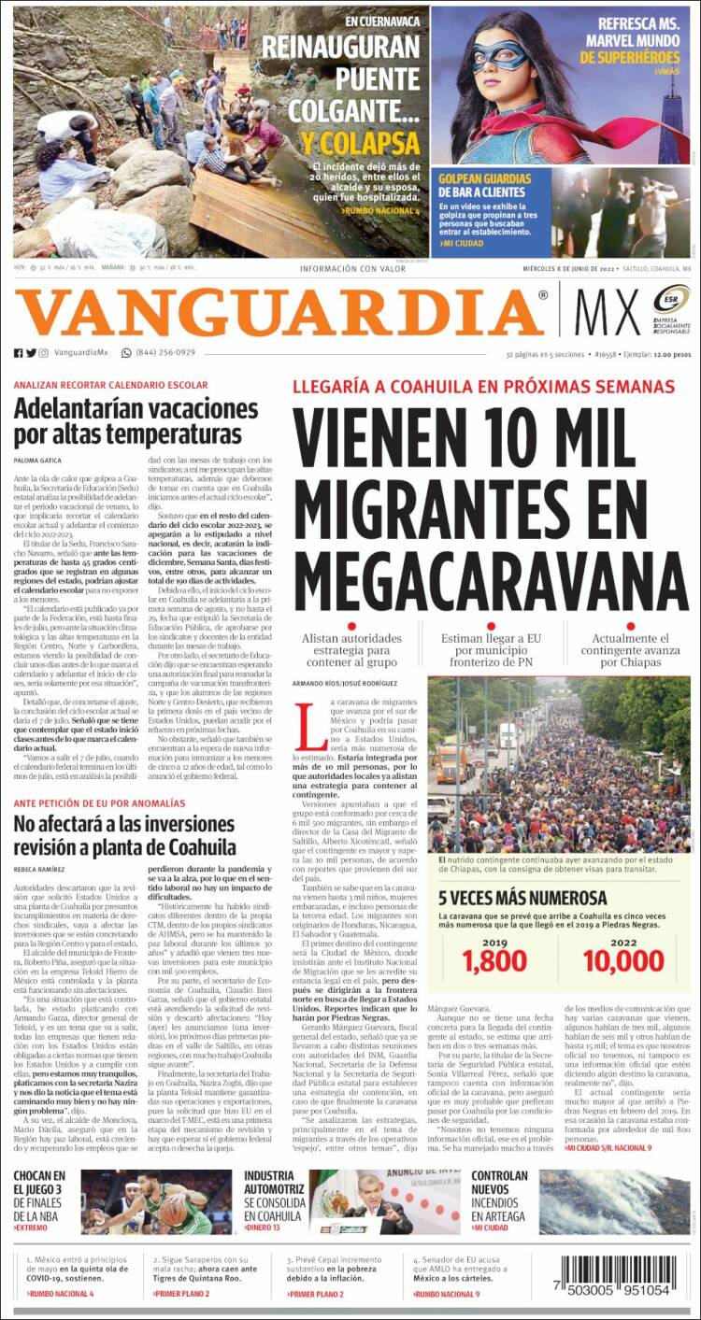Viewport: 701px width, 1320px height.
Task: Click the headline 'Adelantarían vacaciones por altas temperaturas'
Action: [136, 422]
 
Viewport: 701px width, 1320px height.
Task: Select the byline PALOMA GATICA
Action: [37, 461]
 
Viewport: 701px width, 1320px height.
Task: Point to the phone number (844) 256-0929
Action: [165, 352]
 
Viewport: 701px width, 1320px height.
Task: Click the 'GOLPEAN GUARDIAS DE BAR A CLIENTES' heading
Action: [485, 186]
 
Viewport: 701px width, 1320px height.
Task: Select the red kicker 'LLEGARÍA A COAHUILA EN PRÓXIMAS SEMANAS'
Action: [483, 387]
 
